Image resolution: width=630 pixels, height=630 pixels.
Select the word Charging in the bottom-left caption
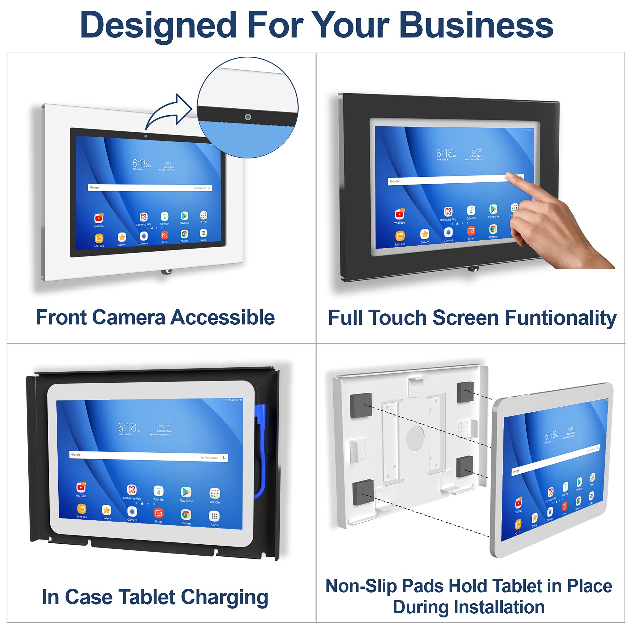click(224, 597)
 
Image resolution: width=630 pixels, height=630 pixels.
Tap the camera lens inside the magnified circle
click(248, 117)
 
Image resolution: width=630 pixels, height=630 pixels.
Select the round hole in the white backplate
click(415, 438)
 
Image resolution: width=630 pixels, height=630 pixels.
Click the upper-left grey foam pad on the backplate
click(361, 405)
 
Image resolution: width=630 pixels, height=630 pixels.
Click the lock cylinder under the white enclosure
click(166, 271)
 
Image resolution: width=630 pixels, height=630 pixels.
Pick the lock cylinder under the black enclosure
click(473, 268)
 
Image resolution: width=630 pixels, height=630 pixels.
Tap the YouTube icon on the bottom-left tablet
click(81, 487)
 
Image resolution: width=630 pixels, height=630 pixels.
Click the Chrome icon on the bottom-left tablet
click(186, 515)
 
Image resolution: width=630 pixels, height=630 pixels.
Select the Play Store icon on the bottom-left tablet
click(186, 492)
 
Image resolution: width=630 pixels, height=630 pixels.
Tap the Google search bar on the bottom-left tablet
click(148, 456)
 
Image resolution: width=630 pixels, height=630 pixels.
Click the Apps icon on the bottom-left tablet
click(214, 516)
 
